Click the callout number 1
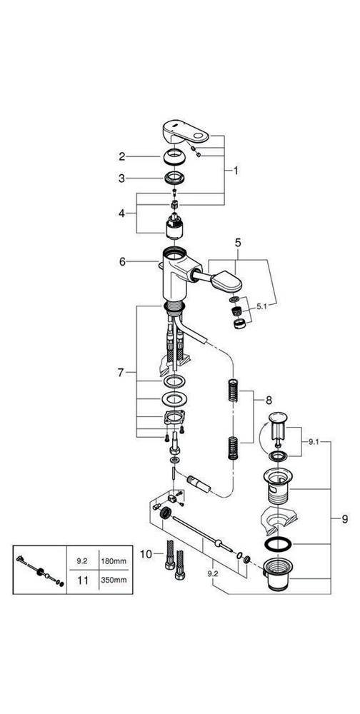point(236,171)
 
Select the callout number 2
point(122,156)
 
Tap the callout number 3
point(122,178)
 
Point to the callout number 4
point(122,213)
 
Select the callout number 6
point(122,262)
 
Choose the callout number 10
point(145,554)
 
